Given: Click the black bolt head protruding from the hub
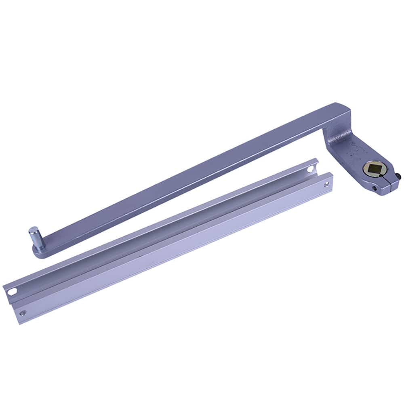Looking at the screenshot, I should point(399,176).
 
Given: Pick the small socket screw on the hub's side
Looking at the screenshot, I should point(375,188).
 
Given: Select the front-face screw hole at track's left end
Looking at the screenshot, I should point(23,312).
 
